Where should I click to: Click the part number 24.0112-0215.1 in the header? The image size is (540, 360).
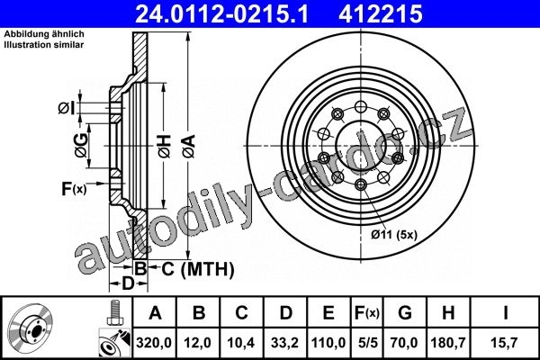[221, 13]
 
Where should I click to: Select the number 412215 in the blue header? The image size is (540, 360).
[381, 13]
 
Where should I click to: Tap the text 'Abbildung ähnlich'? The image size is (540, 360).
[44, 34]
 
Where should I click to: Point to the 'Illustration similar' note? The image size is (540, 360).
[44, 45]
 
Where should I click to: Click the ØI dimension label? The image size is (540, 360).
[67, 109]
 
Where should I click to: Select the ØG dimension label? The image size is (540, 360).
[82, 146]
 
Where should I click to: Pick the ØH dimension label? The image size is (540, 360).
[165, 147]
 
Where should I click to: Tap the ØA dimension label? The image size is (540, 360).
[189, 147]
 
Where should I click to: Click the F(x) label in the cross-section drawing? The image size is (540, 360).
[74, 189]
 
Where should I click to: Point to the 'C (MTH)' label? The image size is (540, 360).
[198, 269]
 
